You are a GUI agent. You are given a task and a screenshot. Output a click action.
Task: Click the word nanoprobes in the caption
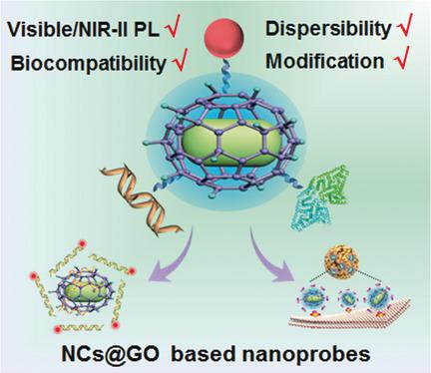(310, 354)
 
